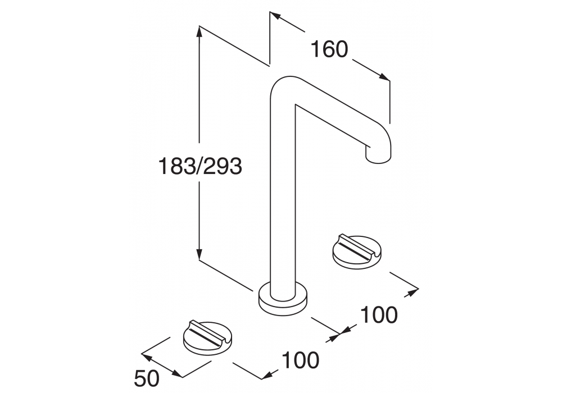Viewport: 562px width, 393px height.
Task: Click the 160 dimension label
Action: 329,49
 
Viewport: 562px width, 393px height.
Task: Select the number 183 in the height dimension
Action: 178,166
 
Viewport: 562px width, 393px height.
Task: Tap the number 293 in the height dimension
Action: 223,166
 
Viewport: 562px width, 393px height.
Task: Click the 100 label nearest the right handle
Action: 379,315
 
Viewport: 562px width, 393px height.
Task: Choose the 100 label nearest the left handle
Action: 300,360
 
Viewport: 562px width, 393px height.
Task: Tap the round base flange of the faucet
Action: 283,296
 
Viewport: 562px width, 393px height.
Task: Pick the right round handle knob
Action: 357,252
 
